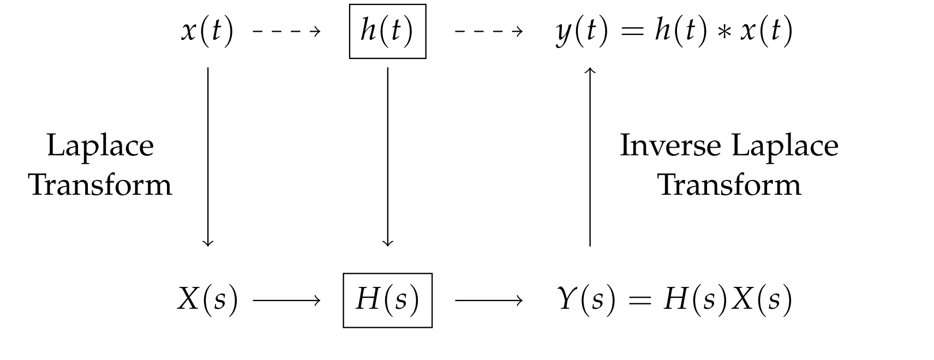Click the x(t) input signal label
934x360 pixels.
click(207, 31)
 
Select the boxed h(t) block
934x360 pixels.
click(387, 31)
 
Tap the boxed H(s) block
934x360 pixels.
click(387, 300)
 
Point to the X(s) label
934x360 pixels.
click(208, 300)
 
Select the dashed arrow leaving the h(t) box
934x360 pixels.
click(489, 31)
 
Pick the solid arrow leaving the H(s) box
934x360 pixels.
click(489, 300)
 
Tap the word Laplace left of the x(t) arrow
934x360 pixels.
click(100, 146)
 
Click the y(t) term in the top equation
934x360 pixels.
click(582, 31)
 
